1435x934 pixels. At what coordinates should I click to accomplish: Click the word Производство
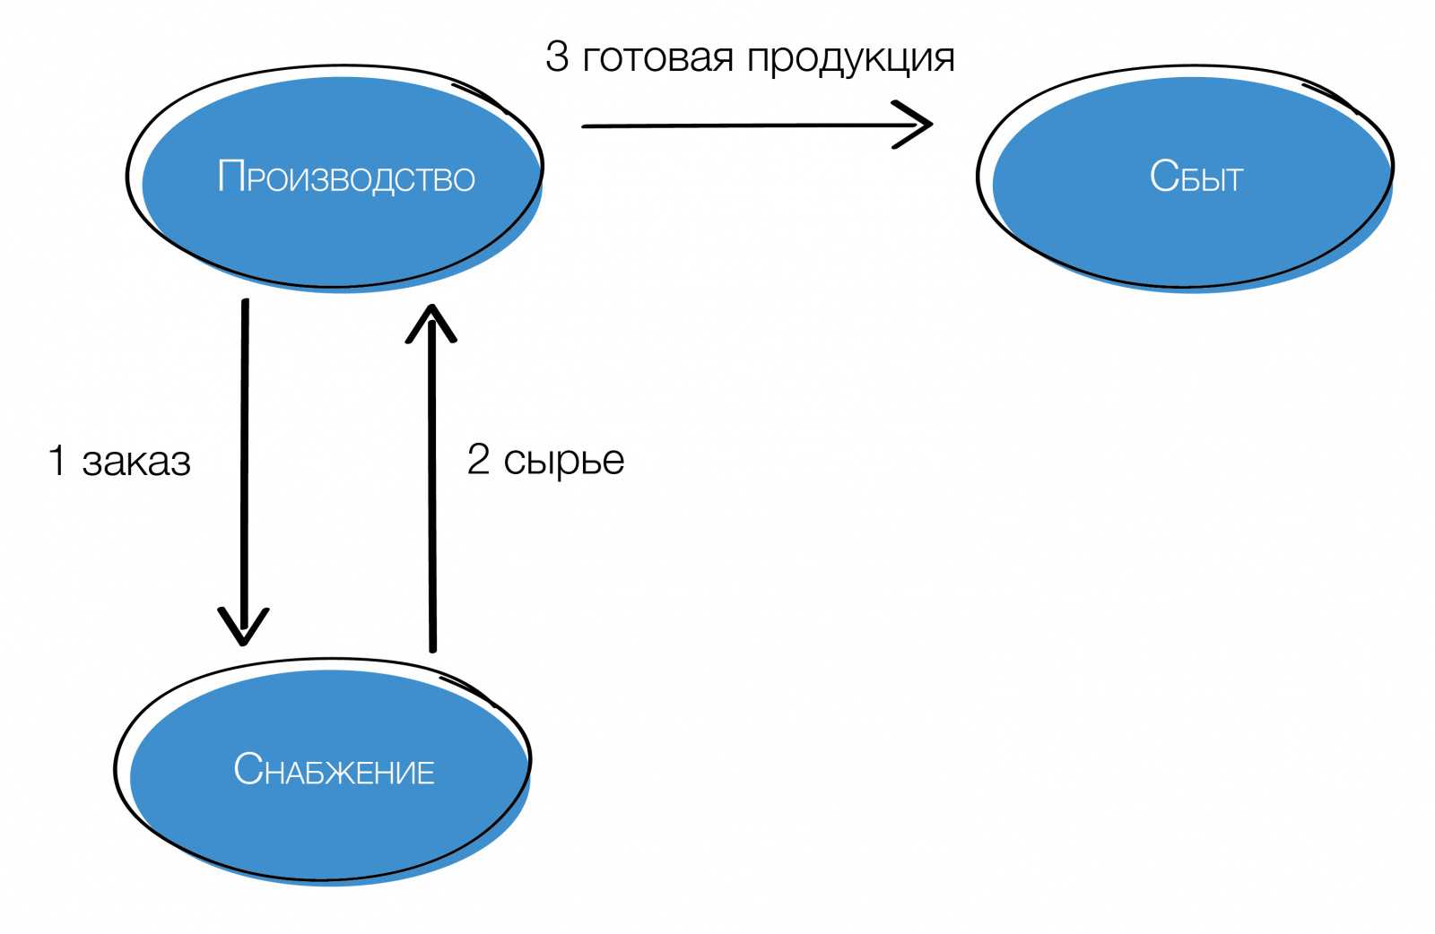tap(346, 177)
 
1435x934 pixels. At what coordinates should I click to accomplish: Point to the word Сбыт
tap(1196, 177)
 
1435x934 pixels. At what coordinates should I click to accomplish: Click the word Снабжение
tap(334, 770)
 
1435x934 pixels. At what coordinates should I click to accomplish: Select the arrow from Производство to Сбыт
tap(735, 125)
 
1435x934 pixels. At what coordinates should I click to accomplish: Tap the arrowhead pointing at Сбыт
tap(919, 125)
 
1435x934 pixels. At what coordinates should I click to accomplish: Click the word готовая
tap(658, 58)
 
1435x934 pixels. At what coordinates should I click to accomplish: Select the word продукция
tap(850, 58)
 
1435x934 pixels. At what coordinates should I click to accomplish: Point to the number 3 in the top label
tap(557, 57)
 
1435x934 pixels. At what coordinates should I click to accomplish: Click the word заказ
tap(136, 462)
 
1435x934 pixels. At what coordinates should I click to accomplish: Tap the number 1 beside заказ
tap(57, 461)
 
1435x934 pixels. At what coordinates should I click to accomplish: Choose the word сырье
tap(563, 461)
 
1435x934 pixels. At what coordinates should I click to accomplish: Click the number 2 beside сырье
tap(478, 460)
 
